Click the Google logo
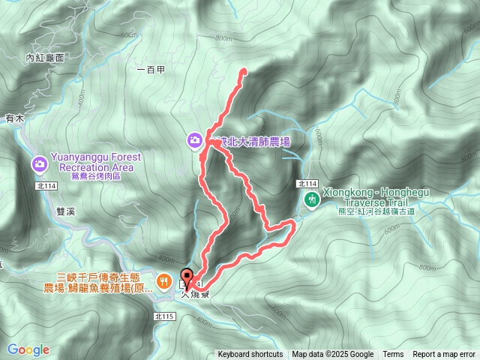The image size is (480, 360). point(28,349)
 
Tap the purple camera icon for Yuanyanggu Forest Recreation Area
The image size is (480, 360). point(39,163)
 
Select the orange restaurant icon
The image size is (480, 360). point(163,282)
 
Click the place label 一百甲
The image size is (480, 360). point(151,69)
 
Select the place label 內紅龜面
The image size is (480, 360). point(45,57)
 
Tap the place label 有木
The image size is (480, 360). point(15,118)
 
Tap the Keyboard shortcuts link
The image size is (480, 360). point(250,355)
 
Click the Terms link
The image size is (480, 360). point(393,355)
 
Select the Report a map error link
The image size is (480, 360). point(444,355)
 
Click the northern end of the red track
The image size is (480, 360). point(244,71)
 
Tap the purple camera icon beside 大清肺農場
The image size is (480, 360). point(194,139)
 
